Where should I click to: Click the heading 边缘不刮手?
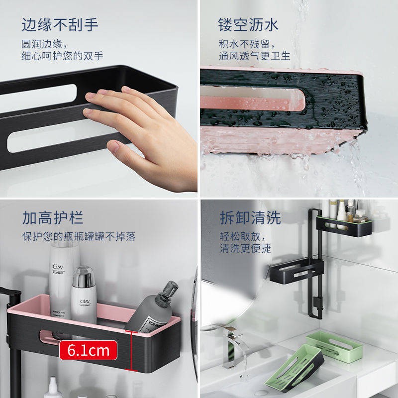[60, 24]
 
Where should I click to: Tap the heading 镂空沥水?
[248, 24]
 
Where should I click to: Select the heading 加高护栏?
[53, 217]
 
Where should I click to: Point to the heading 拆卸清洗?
[251, 217]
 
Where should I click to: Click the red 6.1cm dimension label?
[88, 350]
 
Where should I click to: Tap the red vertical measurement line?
[131, 350]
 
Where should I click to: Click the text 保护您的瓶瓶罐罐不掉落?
[79, 236]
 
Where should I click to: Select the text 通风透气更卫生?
[255, 56]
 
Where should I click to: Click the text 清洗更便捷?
[246, 248]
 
